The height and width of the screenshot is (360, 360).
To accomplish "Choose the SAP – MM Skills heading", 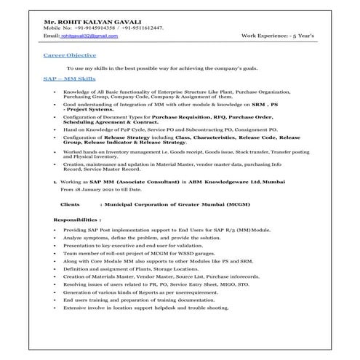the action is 68,76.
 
